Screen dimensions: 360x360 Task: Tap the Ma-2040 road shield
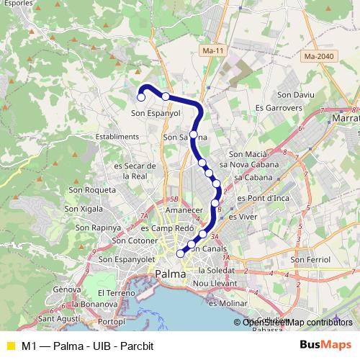point(320,55)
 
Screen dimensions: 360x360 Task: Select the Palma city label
point(170,274)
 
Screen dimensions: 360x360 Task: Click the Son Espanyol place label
point(155,113)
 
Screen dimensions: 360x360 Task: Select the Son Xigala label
point(84,209)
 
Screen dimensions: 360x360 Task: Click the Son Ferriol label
point(310,259)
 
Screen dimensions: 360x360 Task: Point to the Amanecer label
point(184,209)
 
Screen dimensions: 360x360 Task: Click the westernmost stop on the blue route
point(141,97)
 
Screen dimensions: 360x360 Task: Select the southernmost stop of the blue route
point(181,253)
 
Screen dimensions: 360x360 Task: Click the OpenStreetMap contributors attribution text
point(297,322)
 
